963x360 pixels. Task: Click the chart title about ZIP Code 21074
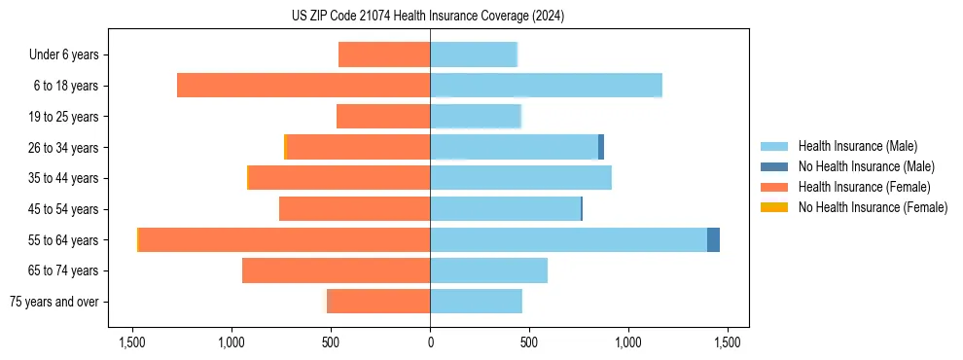pos(428,17)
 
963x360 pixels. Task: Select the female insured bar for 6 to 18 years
pos(303,86)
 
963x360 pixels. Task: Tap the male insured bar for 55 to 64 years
pos(568,239)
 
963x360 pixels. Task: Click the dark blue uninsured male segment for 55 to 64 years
pos(713,239)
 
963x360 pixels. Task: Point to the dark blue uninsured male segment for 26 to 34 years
pos(601,147)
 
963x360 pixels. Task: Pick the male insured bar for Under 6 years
pos(474,54)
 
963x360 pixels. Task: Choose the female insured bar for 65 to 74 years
pos(336,270)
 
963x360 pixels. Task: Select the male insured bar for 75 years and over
pos(476,302)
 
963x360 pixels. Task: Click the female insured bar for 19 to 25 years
pos(383,117)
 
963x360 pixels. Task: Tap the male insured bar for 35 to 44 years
pos(520,178)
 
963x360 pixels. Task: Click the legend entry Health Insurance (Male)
pos(857,147)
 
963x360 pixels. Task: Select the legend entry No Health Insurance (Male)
pos(866,167)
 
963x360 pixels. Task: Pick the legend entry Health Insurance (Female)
pos(864,187)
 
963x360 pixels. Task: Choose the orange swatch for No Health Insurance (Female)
pos(774,207)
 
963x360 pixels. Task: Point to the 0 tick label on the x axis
pos(430,342)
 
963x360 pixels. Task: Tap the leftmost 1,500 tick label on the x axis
pos(132,342)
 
